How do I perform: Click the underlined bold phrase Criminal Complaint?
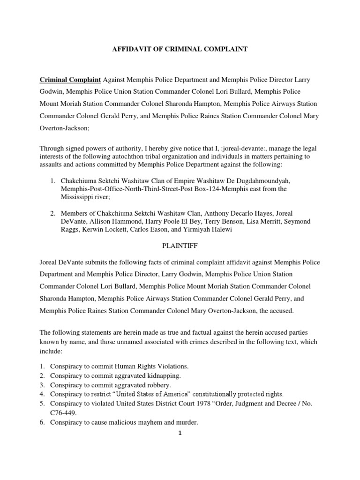pyautogui.click(x=70, y=80)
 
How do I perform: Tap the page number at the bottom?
pyautogui.click(x=180, y=433)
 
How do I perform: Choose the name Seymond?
pyautogui.click(x=297, y=221)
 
